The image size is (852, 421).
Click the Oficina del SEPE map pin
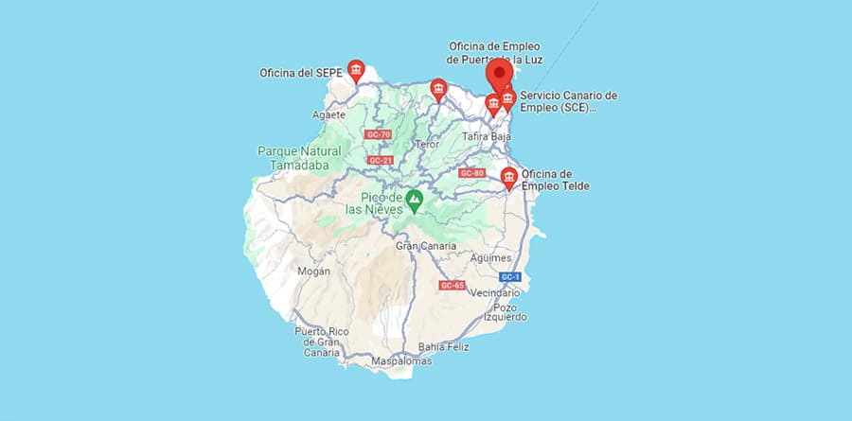coord(356,71)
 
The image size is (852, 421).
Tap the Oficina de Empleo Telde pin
coord(509,178)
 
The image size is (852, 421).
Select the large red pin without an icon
coord(499,73)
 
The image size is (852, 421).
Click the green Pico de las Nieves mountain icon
coord(415,200)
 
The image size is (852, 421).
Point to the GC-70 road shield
coord(378,134)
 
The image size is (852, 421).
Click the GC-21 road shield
coord(381,160)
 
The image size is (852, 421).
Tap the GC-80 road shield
coord(471,173)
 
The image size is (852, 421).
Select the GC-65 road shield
coord(452,285)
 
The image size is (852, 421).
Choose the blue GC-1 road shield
coord(510,276)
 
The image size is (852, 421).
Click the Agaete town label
coord(328,115)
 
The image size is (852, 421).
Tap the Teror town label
coord(428,145)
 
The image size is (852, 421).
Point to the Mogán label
coord(313,272)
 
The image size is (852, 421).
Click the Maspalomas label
coord(402,361)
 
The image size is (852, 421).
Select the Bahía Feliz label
coord(444,346)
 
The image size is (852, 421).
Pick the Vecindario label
coord(496,293)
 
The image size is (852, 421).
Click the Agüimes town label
coord(490,257)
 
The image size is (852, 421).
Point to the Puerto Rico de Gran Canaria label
coord(317,342)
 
